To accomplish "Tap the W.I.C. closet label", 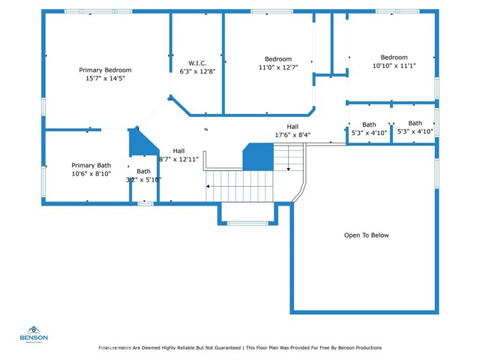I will pos(197,63).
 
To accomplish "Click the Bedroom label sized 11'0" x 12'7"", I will pos(278,59).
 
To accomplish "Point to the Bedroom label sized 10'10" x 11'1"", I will pos(394,58).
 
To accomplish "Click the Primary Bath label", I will pos(91,165).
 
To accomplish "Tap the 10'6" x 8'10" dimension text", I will pos(91,173).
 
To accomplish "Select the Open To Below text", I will pos(366,235).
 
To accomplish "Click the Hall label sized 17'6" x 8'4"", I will pos(292,127).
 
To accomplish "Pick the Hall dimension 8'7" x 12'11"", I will pos(178,159).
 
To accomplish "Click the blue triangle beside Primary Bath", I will pos(138,141).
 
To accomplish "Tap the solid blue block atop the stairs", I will pos(257,157).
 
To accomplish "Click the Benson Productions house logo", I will pos(34,330).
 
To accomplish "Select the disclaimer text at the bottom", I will pos(240,348).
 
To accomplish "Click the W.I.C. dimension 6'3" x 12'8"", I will pos(197,71).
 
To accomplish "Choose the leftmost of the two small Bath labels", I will pos(369,124).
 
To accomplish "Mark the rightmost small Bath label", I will pos(415,124).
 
